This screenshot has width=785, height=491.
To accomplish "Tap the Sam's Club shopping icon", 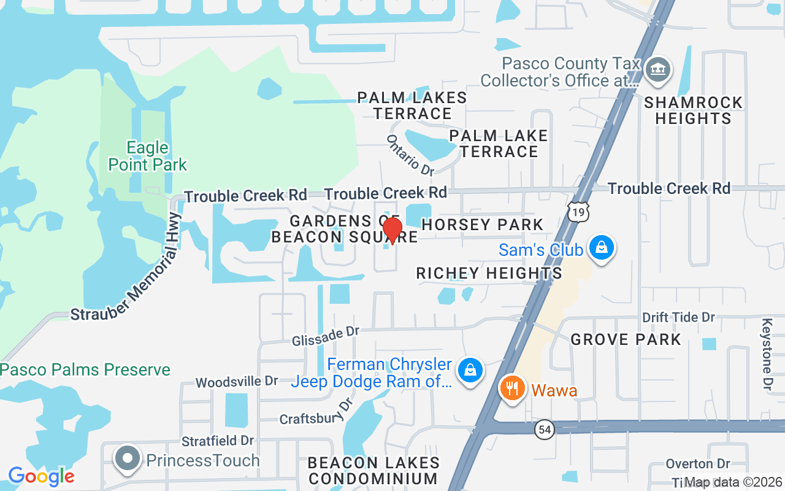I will point(602,248).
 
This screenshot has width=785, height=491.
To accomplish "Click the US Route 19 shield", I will point(578,211).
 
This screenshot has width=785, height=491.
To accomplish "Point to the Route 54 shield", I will point(544,430).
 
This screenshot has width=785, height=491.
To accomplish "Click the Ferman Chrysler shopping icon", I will point(470,370).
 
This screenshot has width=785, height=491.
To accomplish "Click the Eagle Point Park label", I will point(148,156).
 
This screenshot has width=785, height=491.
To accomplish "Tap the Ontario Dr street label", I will point(410,154).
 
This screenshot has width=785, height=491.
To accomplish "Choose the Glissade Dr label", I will point(325,335).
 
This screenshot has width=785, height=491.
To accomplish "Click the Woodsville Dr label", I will point(237,382).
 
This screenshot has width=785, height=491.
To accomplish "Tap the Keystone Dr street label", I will point(767,354).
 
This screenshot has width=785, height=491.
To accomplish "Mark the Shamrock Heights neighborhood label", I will point(694,110).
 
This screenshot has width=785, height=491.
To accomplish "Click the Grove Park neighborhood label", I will point(626,339).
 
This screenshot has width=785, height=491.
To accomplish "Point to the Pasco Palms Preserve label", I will point(85,370).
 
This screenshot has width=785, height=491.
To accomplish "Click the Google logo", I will point(41,476).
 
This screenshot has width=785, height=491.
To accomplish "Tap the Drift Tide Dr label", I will point(679,317).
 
